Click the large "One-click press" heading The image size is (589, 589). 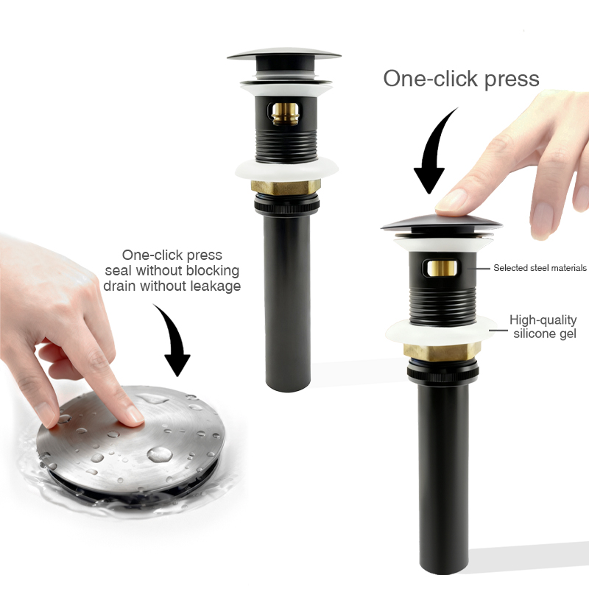(x=462, y=80)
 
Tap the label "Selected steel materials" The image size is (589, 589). (x=540, y=268)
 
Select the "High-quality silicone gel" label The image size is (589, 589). (x=543, y=327)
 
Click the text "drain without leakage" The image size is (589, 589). (x=172, y=286)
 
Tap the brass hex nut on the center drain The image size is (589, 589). (x=286, y=188)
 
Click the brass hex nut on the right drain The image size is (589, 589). (x=442, y=352)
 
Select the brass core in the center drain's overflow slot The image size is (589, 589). (x=285, y=114)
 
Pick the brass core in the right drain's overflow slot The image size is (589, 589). (x=442, y=268)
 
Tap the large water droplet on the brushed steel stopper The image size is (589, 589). (x=160, y=454)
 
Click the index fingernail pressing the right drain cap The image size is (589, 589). (x=451, y=200)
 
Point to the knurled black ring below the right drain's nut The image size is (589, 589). (x=443, y=373)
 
